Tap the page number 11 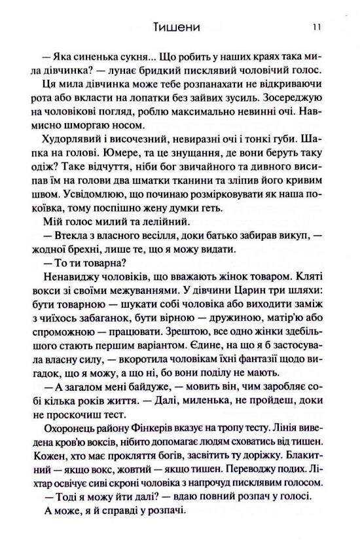316,28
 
